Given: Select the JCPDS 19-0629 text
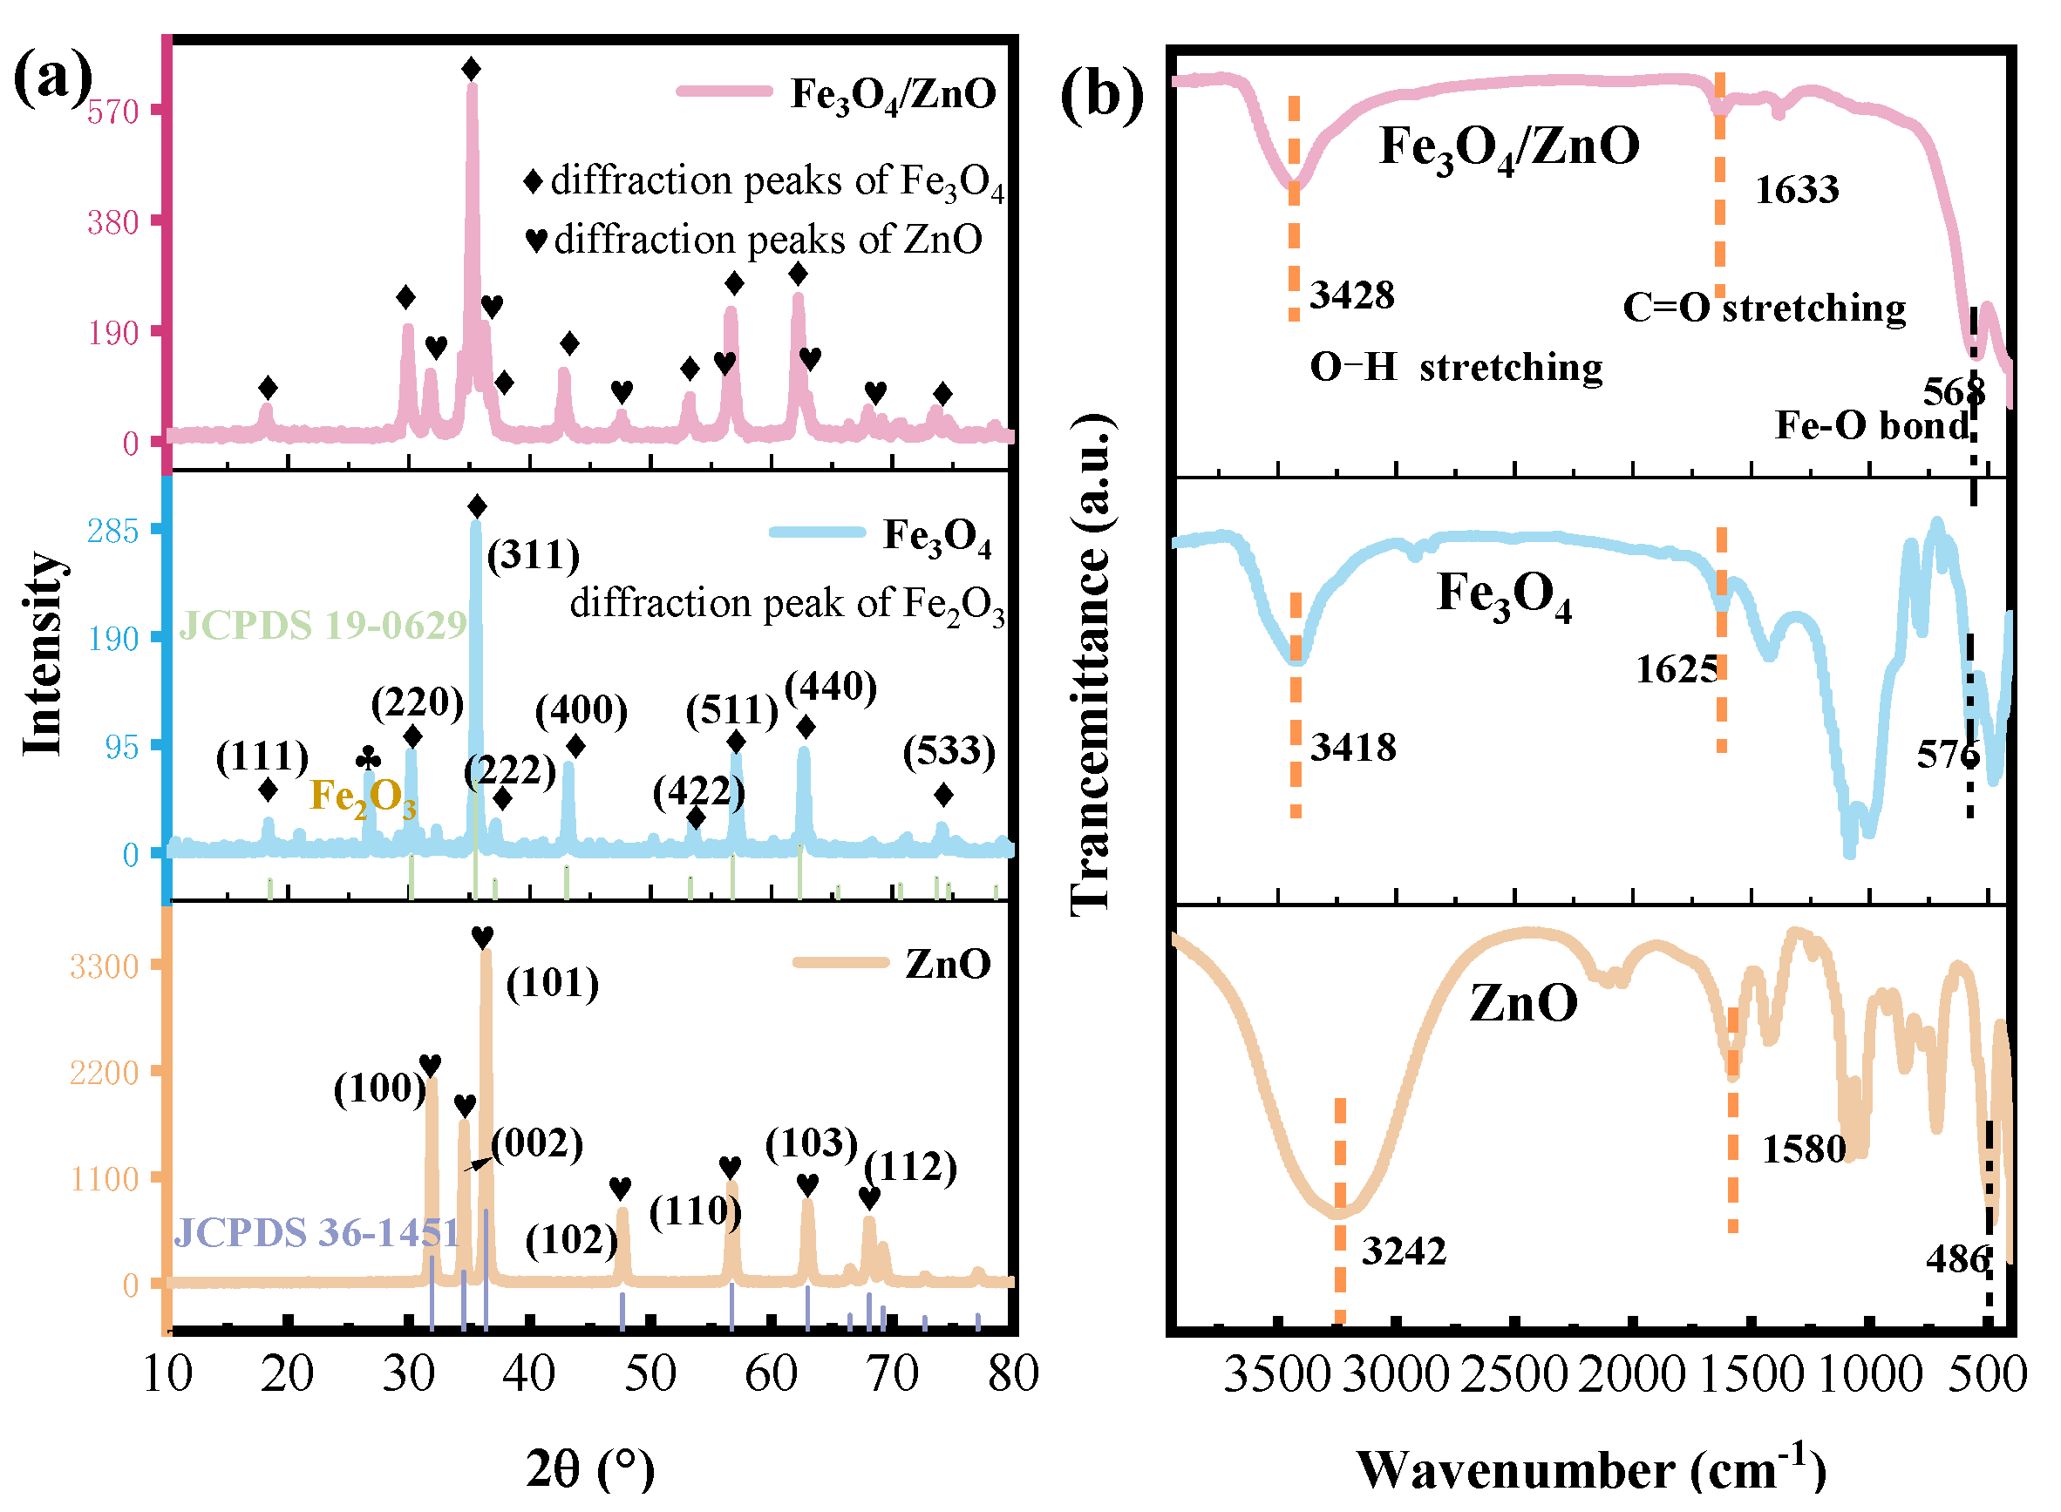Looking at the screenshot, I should pyautogui.click(x=323, y=626).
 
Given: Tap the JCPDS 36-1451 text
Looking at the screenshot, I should pyautogui.click(x=316, y=1235).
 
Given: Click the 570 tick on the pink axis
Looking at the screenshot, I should pyautogui.click(x=113, y=112).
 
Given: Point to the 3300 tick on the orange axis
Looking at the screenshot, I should pyautogui.click(x=105, y=967).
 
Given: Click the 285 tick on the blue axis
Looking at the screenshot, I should pyautogui.click(x=113, y=532).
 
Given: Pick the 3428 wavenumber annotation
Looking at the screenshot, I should pyautogui.click(x=1352, y=295).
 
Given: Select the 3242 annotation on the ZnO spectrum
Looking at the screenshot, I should pyautogui.click(x=1405, y=1252).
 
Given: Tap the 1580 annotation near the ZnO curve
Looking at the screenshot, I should pyautogui.click(x=1805, y=1150).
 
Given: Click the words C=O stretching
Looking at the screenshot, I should pyautogui.click(x=1765, y=309).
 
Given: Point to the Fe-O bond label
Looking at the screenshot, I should pyautogui.click(x=1872, y=426).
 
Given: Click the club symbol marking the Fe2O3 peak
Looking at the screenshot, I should pyautogui.click(x=368, y=759).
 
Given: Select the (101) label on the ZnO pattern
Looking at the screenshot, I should pyautogui.click(x=553, y=985).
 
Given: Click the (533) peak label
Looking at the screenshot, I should pyautogui.click(x=949, y=752).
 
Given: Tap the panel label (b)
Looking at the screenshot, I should pyautogui.click(x=1101, y=94).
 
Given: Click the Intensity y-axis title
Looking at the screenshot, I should pyautogui.click(x=43, y=654).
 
